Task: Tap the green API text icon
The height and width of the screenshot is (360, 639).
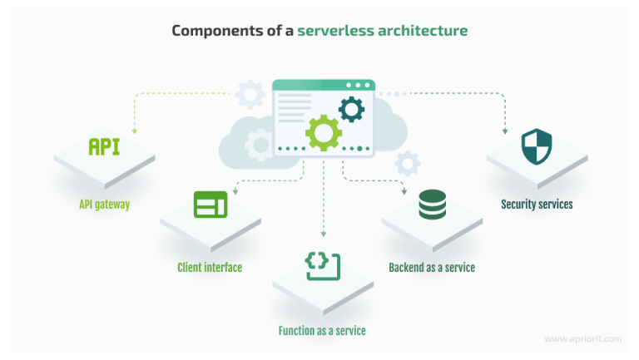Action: (104, 147)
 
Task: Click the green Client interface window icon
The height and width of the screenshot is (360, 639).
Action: (210, 204)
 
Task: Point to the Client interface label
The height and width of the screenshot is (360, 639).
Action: (210, 267)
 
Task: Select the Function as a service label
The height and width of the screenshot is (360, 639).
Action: (322, 330)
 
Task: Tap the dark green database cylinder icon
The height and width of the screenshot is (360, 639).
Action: (432, 205)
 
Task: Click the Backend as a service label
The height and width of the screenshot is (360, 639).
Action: (432, 267)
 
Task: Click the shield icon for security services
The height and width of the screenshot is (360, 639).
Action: (537, 147)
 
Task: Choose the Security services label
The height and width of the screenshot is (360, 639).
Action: (537, 204)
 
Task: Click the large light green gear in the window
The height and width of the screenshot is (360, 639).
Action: (323, 131)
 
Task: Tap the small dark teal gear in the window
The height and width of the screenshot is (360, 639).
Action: (351, 108)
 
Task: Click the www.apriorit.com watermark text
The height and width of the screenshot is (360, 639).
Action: (582, 339)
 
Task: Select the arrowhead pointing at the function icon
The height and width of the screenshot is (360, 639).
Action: (323, 234)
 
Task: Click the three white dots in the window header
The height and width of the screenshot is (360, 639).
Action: (359, 85)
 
